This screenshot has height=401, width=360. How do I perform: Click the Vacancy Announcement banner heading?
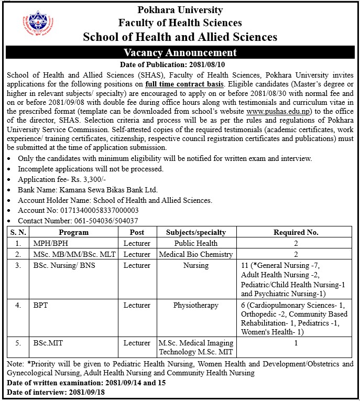[180, 52]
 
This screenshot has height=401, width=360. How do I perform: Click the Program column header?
[74, 232]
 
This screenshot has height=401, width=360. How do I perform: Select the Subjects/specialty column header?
[196, 232]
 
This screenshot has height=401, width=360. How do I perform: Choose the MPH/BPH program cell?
[51, 243]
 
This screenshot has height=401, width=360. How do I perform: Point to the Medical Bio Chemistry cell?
[196, 254]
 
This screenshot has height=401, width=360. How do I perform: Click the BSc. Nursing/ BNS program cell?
[64, 266]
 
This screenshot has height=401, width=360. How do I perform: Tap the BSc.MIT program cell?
[48, 343]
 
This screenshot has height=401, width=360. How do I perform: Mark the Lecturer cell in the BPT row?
[137, 304]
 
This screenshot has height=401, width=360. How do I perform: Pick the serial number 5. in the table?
[18, 343]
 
